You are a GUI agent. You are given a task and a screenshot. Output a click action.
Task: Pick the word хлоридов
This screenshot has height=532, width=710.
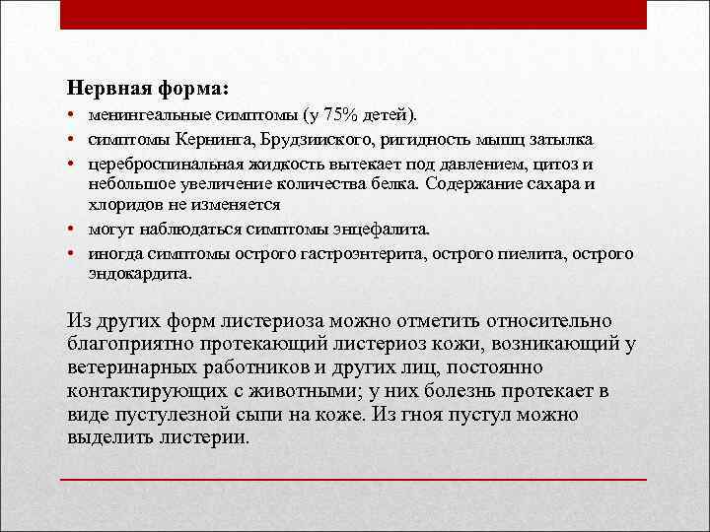point(116,204)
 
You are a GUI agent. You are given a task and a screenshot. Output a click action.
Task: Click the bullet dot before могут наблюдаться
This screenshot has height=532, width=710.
point(73,231)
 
